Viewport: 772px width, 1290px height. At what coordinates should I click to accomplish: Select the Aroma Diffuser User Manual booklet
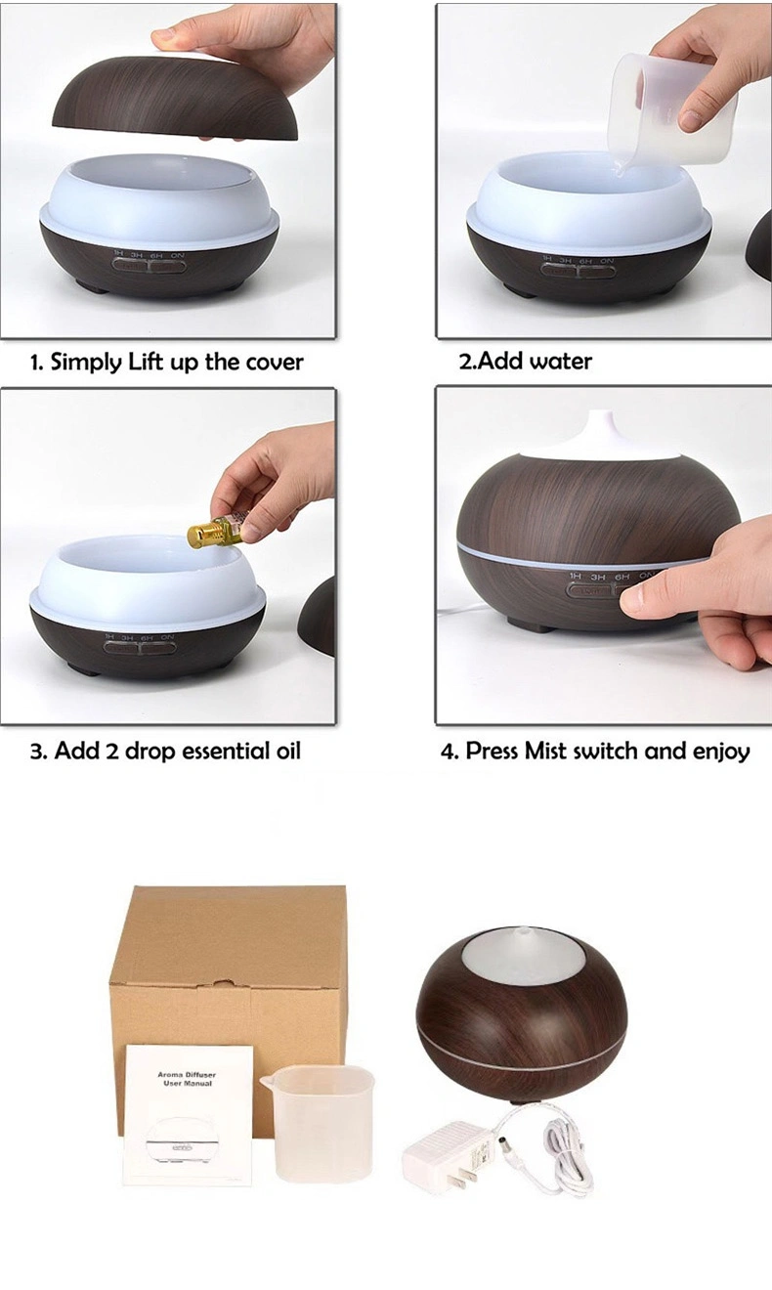click(189, 1114)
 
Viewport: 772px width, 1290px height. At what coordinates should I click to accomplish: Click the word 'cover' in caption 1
click(273, 363)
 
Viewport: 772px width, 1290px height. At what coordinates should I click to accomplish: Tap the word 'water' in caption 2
click(560, 362)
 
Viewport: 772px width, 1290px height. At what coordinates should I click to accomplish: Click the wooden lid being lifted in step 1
click(175, 98)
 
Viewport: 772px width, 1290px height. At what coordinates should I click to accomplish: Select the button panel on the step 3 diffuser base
click(141, 645)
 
